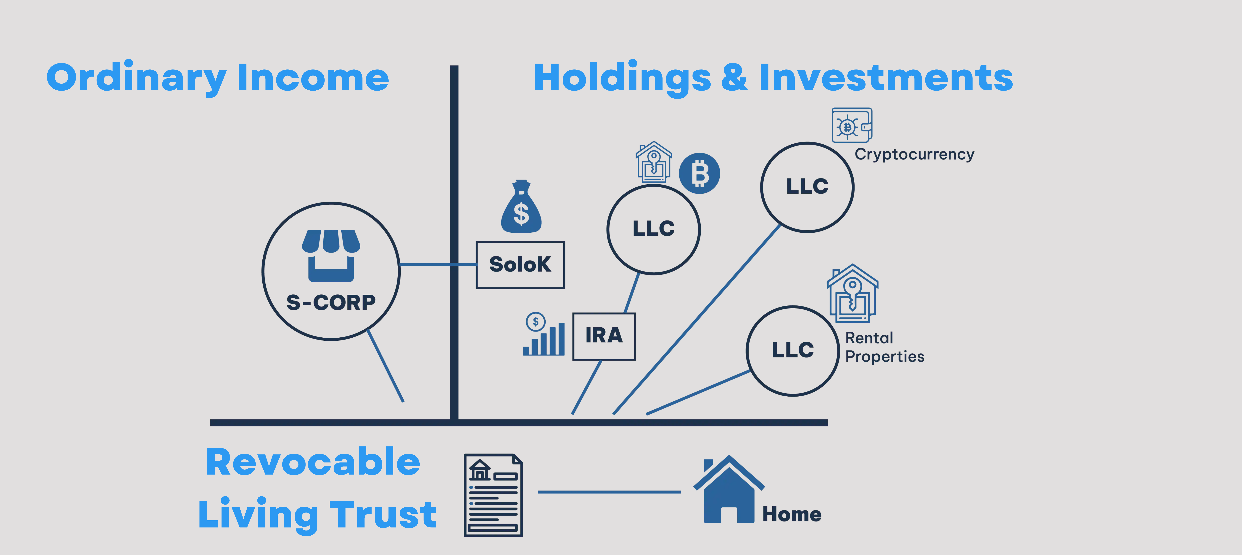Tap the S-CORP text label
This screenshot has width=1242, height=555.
(331, 303)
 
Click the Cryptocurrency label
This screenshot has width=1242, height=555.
(914, 155)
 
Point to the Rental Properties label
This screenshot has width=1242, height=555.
(885, 347)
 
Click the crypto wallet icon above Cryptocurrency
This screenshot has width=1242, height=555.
(852, 125)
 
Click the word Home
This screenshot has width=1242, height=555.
(792, 515)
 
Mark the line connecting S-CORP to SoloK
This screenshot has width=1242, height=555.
(438, 264)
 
